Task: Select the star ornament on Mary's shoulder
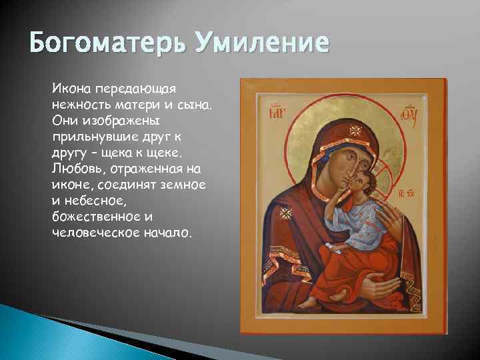pos(287,213)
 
